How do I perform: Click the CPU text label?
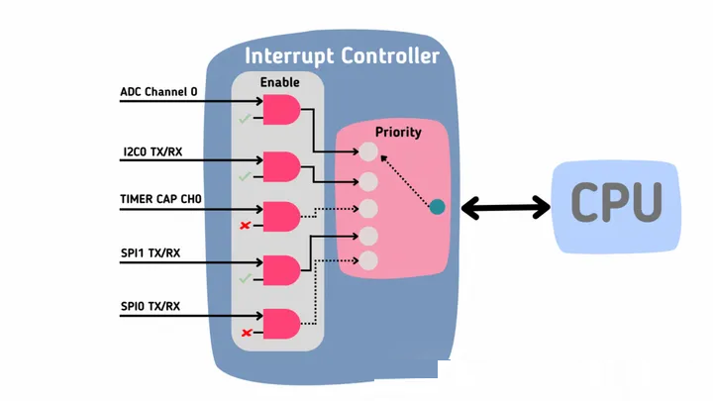click(x=616, y=202)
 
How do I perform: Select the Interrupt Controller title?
click(x=342, y=55)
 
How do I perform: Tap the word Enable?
click(x=279, y=82)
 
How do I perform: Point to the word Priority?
click(x=398, y=133)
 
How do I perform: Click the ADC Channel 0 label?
click(x=158, y=92)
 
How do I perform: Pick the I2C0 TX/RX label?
click(x=153, y=151)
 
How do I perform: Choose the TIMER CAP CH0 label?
click(x=161, y=199)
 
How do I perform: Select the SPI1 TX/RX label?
click(x=151, y=253)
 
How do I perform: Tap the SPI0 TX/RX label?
click(x=151, y=306)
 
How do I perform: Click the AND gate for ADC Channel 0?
click(x=281, y=110)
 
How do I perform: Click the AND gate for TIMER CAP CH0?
click(x=281, y=217)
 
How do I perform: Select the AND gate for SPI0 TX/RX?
click(x=281, y=324)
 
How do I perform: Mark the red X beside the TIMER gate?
click(x=246, y=225)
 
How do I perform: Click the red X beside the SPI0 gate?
click(x=247, y=333)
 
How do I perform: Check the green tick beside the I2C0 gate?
click(x=245, y=176)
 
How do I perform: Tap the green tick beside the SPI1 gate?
click(x=245, y=278)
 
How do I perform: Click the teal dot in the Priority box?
click(x=438, y=207)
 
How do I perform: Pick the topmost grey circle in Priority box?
click(x=368, y=151)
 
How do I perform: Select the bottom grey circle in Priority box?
click(x=368, y=261)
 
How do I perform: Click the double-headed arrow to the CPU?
click(x=506, y=208)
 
